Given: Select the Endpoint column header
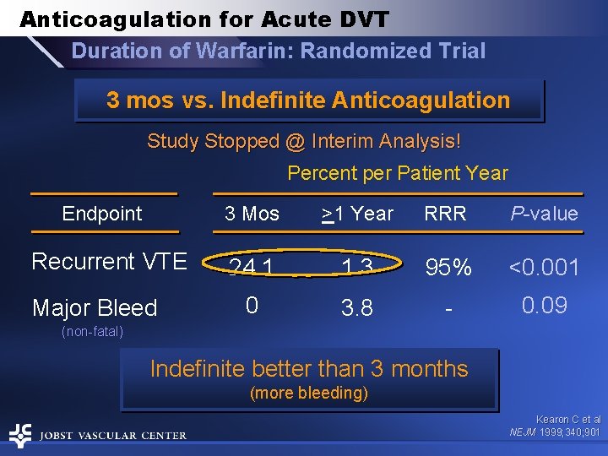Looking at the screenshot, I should click(x=102, y=214).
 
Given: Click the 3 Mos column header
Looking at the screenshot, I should click(x=252, y=214).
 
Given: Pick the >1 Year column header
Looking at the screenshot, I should click(x=357, y=214).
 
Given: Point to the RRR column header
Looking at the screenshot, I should click(x=445, y=214).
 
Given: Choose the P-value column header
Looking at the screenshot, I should click(x=544, y=214).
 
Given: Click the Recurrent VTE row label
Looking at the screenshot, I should click(x=109, y=262).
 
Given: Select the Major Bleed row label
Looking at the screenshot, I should click(x=95, y=308).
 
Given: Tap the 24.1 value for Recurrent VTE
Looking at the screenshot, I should click(x=252, y=268).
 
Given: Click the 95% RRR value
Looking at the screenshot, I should click(x=448, y=268).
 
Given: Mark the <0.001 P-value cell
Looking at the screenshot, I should click(x=543, y=268).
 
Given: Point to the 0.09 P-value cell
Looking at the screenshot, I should click(x=544, y=305).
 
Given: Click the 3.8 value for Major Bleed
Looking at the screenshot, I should click(x=356, y=308).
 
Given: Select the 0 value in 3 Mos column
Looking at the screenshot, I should click(x=251, y=305).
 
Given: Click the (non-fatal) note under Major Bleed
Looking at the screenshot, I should click(x=93, y=332).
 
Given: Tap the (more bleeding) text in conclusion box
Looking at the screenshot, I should click(x=308, y=393).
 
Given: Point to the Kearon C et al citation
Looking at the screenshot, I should click(x=567, y=419).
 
